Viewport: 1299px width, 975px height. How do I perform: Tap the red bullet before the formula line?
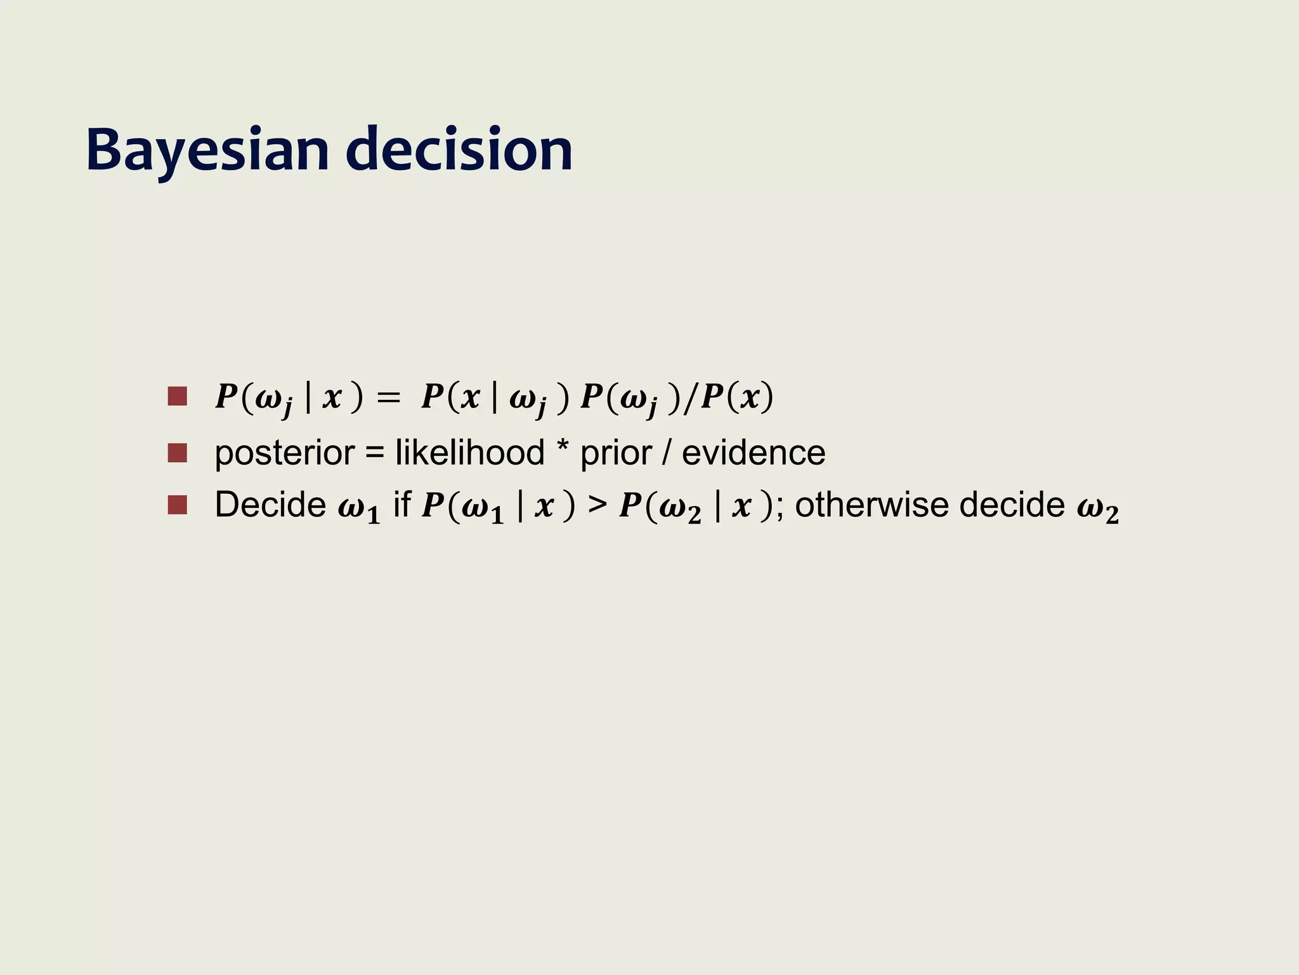click(x=178, y=397)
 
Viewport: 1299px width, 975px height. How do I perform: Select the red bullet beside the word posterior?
click(x=178, y=453)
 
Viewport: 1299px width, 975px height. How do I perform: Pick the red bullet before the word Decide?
click(x=178, y=505)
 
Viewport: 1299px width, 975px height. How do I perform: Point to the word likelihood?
click(x=469, y=453)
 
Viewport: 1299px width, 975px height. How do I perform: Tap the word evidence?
click(x=754, y=453)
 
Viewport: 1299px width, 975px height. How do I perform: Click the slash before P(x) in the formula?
click(x=691, y=398)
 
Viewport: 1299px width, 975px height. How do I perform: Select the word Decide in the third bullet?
click(x=270, y=505)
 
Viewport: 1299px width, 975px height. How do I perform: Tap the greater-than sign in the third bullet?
click(x=597, y=506)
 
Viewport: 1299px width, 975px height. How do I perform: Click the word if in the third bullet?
click(x=401, y=505)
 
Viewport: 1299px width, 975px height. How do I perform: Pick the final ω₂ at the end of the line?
click(x=1098, y=509)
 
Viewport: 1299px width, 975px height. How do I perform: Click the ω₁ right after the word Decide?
click(x=359, y=509)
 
